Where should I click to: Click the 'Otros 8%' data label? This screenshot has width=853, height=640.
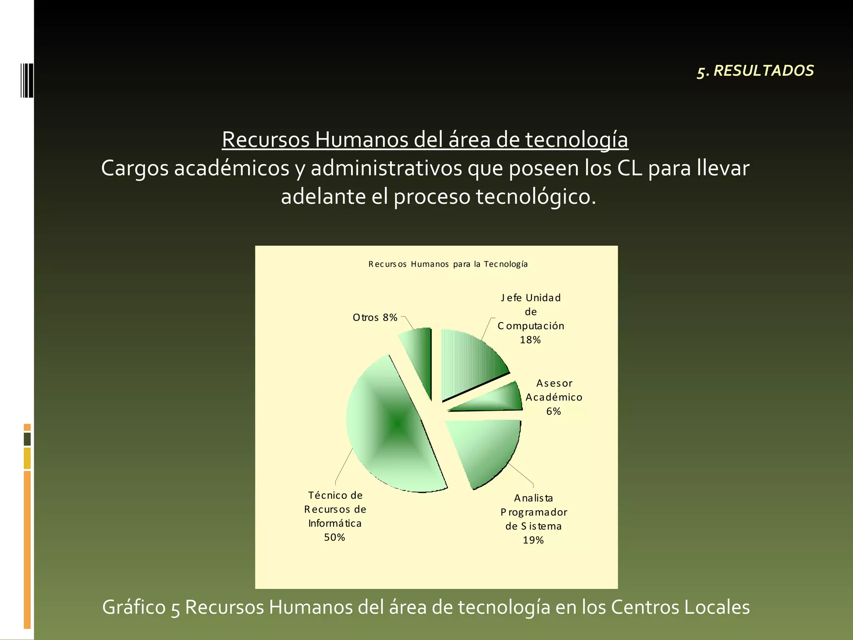(x=375, y=317)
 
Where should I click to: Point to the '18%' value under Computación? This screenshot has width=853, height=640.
(x=530, y=340)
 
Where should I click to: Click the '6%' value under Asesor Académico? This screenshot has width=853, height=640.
(x=554, y=411)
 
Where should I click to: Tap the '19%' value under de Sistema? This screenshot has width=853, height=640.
(x=533, y=540)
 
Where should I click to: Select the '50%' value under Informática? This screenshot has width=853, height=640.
(x=334, y=537)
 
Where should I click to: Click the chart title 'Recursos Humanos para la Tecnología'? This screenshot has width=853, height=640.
(x=448, y=264)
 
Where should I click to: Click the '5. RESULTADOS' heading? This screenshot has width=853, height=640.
(x=755, y=71)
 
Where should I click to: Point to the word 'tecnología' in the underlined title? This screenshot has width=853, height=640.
(x=576, y=140)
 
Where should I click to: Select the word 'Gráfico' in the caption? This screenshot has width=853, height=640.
(x=135, y=607)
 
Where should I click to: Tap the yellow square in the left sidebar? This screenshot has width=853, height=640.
(x=27, y=458)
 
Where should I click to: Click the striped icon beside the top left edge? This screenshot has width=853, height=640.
(x=27, y=80)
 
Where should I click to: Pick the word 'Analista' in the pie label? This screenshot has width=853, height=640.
(x=533, y=498)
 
